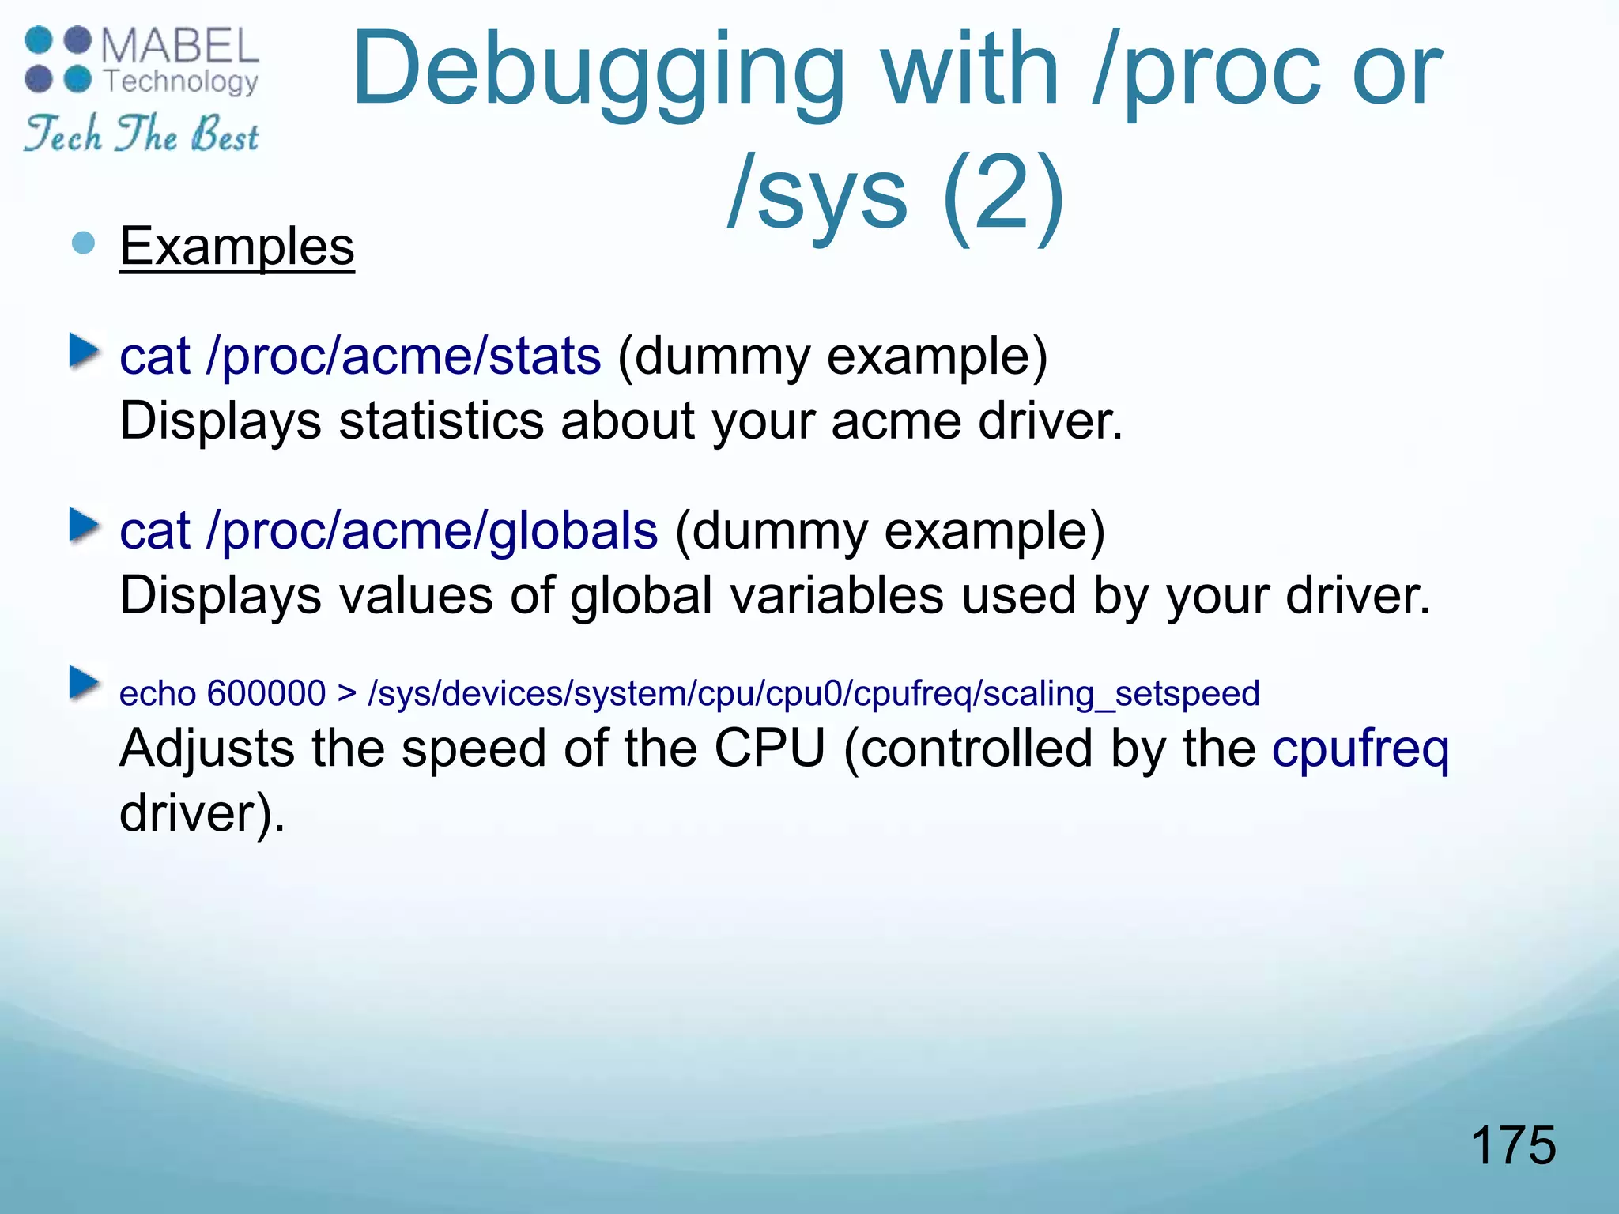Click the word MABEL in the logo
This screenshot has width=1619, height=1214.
click(179, 46)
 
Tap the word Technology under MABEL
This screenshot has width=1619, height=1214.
click(181, 81)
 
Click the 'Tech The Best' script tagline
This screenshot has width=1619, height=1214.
click(142, 134)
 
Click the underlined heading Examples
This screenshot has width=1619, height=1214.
click(237, 247)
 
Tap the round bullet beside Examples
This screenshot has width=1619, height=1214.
click(83, 243)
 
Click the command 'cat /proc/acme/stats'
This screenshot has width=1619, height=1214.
click(360, 356)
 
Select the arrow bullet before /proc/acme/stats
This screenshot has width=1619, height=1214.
click(84, 351)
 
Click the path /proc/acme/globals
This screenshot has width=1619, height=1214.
click(432, 530)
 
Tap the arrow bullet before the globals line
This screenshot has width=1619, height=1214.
click(84, 526)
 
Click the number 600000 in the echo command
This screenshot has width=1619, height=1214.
click(266, 694)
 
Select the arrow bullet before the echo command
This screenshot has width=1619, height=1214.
click(84, 683)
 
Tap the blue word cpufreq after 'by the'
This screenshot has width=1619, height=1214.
click(1360, 749)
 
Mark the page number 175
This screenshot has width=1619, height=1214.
click(1512, 1144)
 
